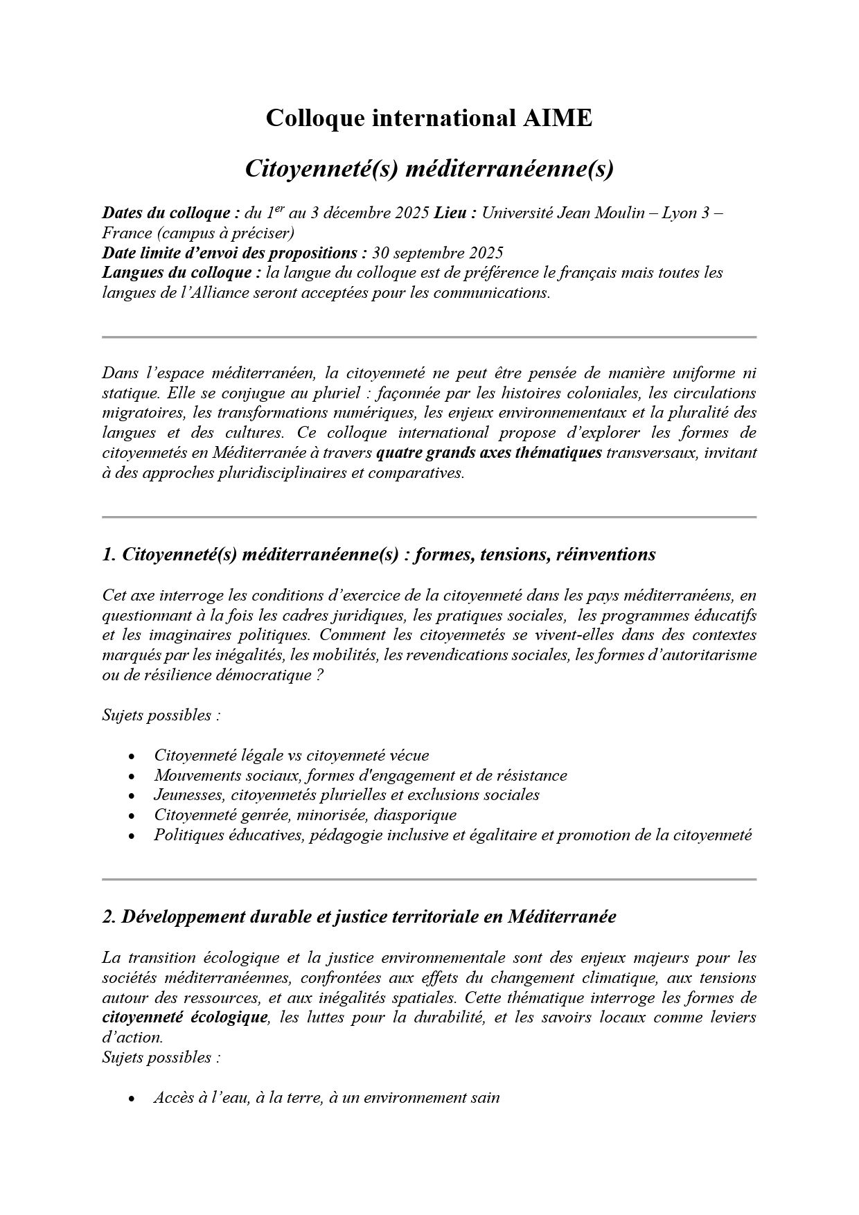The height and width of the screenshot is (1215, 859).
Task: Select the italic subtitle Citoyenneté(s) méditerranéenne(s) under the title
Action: pyautogui.click(x=429, y=169)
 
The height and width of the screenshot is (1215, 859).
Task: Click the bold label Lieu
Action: pyautogui.click(x=454, y=213)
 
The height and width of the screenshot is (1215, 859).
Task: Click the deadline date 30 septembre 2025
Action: pyautogui.click(x=437, y=253)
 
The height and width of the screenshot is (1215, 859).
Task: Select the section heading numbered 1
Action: pyautogui.click(x=378, y=555)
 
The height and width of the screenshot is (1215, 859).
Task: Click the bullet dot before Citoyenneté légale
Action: pyautogui.click(x=132, y=756)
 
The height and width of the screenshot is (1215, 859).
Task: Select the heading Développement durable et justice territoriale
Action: pyautogui.click(x=359, y=917)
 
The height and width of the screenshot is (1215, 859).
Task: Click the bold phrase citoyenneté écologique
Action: pyautogui.click(x=184, y=1018)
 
